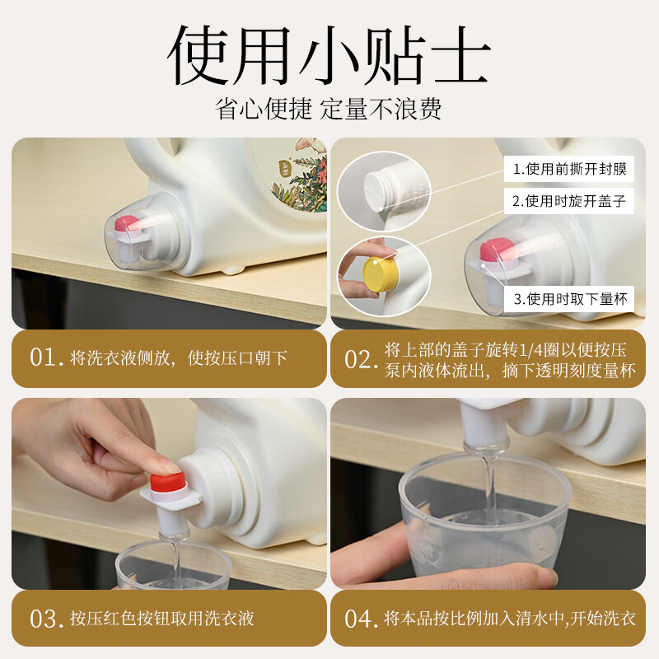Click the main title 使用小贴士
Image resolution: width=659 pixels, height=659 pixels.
329,56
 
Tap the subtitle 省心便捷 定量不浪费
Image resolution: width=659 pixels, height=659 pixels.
329,109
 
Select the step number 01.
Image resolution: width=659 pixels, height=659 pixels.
45,358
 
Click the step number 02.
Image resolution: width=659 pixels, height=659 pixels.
361,358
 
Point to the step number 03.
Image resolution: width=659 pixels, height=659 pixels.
45,619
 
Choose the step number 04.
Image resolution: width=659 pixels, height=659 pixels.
361,619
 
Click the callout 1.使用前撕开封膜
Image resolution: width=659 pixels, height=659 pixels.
569,169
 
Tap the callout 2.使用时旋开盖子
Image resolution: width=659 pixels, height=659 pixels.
569,201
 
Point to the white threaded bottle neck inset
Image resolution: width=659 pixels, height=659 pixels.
383,186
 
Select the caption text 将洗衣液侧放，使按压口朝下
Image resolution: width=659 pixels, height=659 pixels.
179,358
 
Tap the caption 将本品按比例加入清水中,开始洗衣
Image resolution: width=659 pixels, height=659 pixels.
510,619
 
